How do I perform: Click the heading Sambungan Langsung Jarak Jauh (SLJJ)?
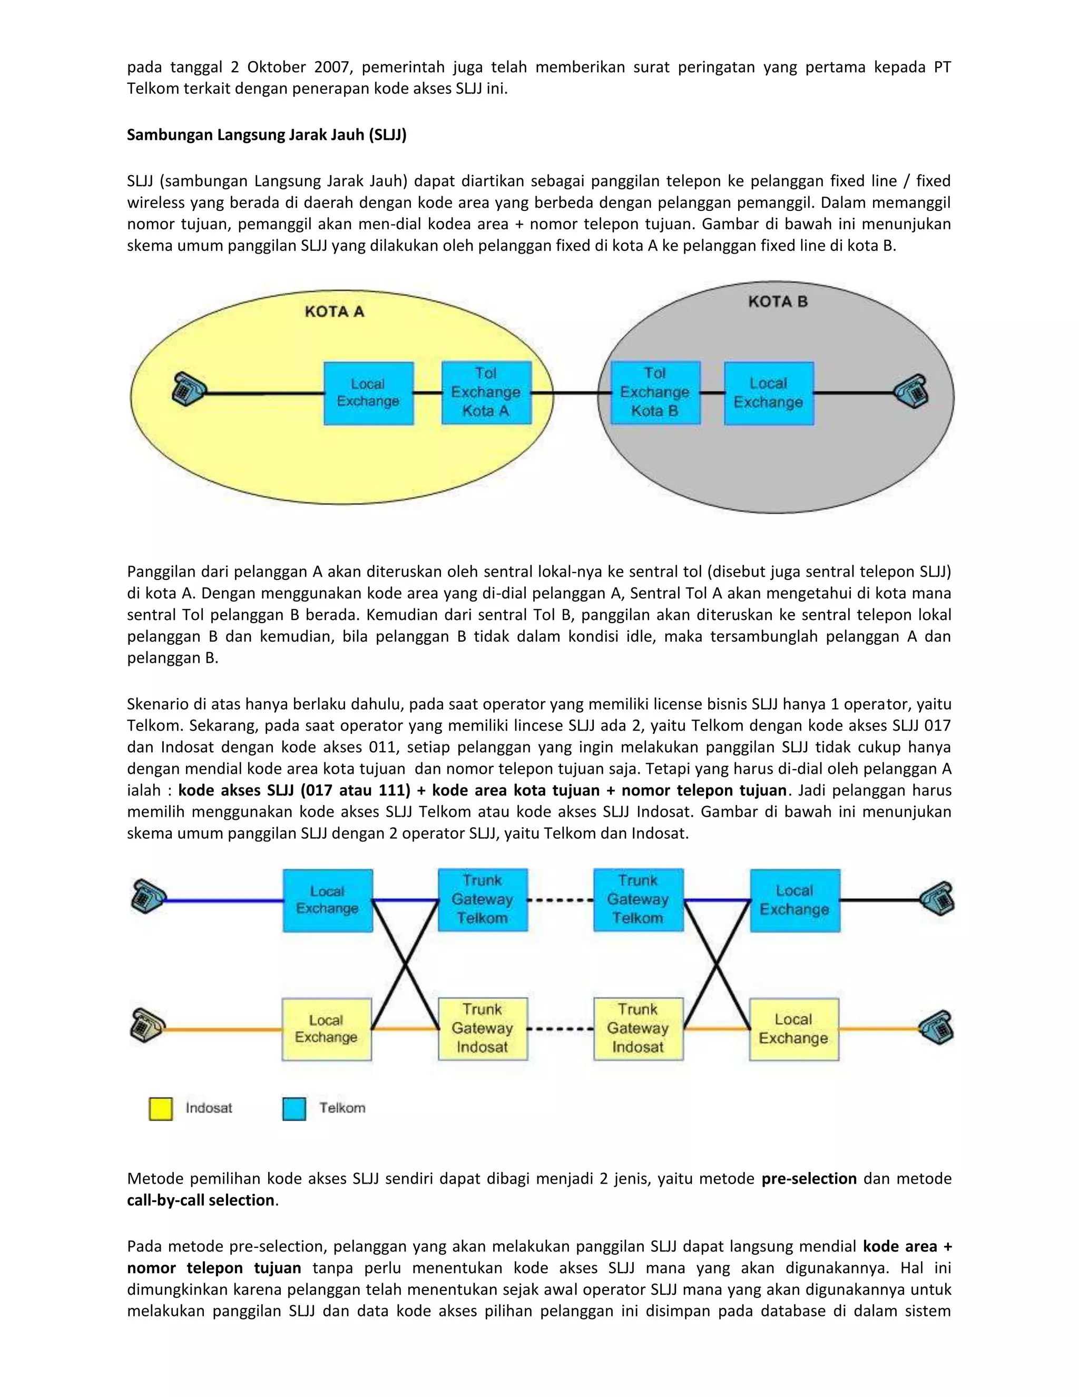(x=267, y=135)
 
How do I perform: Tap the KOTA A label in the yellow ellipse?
(x=335, y=312)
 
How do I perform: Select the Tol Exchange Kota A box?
(x=486, y=393)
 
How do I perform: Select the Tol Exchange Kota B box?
(x=655, y=392)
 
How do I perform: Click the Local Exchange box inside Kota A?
(x=368, y=393)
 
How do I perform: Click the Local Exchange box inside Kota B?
(x=768, y=393)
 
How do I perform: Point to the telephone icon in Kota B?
(x=911, y=390)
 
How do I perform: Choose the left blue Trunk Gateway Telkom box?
(x=483, y=899)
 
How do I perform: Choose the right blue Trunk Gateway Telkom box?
(x=638, y=899)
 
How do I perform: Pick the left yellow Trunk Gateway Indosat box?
(x=483, y=1029)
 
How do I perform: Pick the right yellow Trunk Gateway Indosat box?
(x=638, y=1029)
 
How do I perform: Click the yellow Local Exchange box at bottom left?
(x=327, y=1029)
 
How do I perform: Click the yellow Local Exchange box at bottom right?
(x=793, y=1029)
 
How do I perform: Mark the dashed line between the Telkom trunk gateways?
(x=561, y=900)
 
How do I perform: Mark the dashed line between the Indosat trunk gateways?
(x=561, y=1029)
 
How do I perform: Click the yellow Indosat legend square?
(x=161, y=1109)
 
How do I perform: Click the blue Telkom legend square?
(x=294, y=1109)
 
